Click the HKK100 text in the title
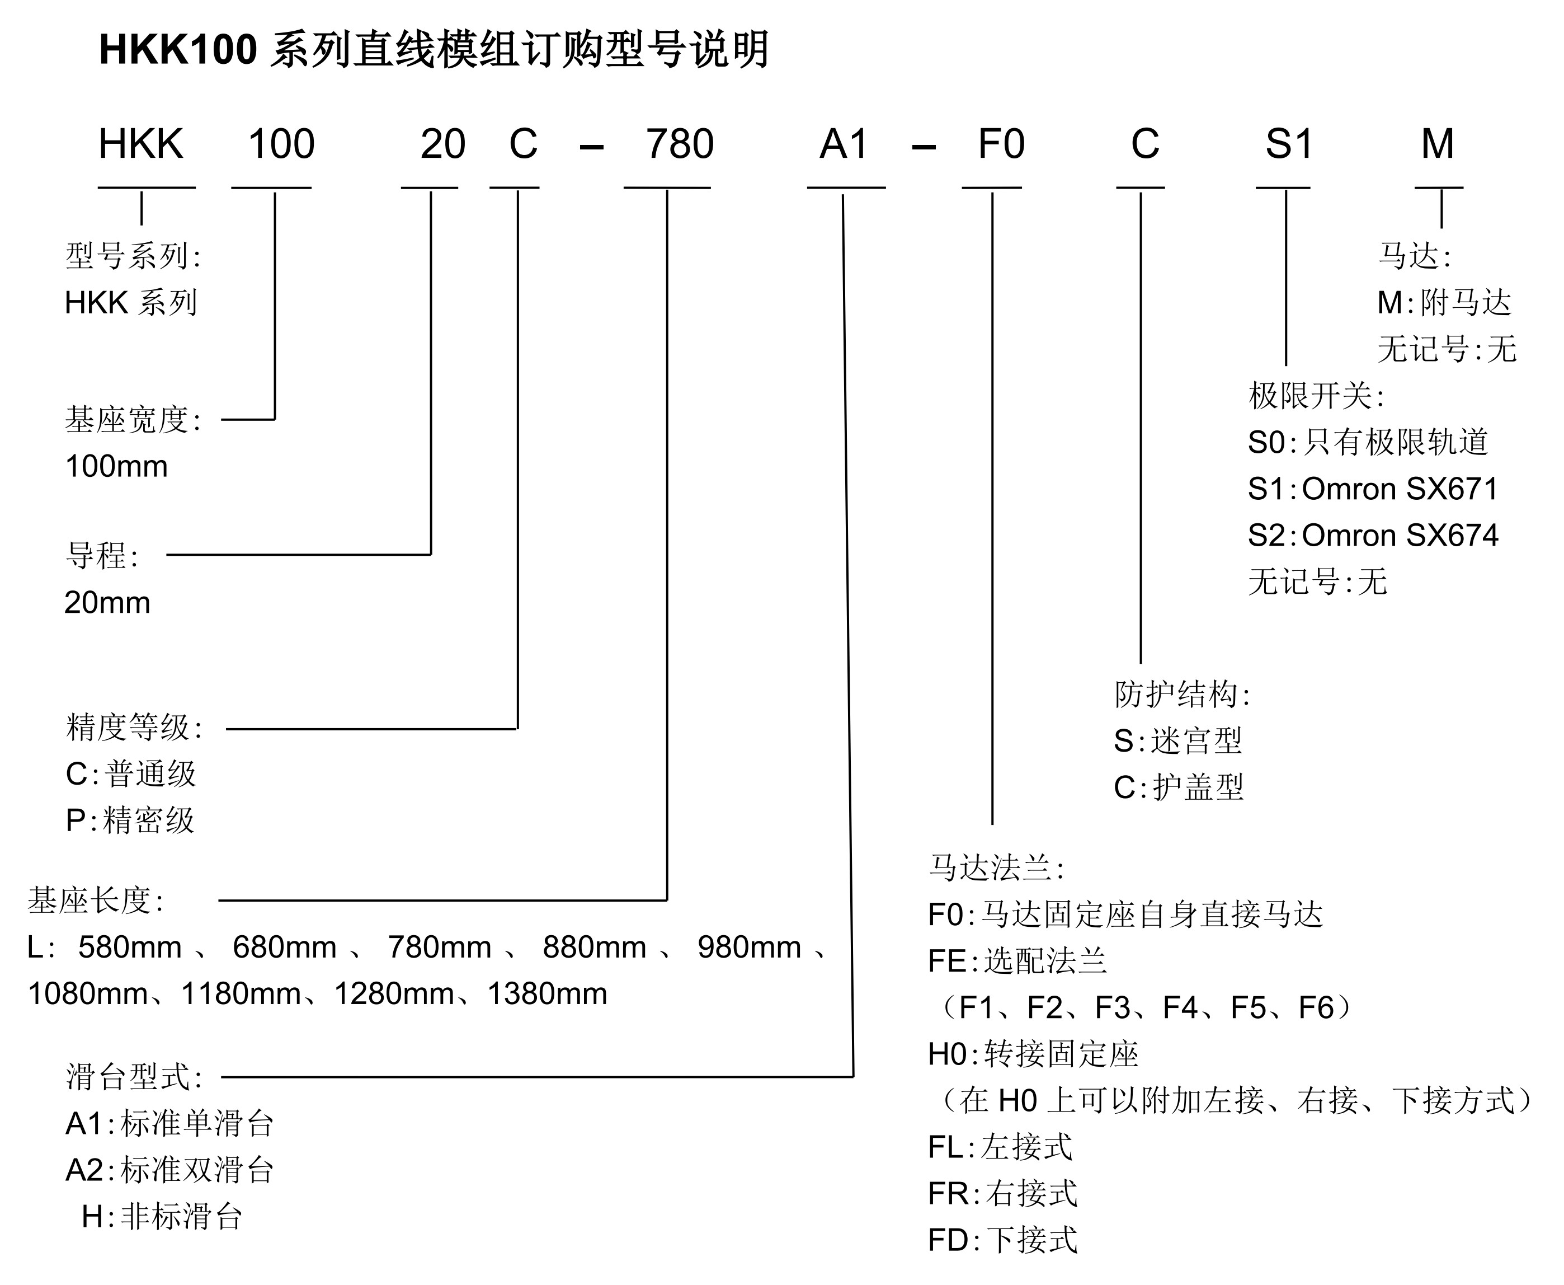pos(177,50)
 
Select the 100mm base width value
pos(117,466)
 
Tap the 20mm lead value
pos(107,603)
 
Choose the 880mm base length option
pos(594,948)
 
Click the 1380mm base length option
pos(547,994)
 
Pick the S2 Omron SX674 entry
pos(1372,535)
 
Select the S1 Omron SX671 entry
pos(1372,489)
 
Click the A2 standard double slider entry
pos(169,1170)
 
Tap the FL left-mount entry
pos(1000,1147)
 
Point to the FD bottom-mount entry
pos(1002,1240)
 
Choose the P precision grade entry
pos(129,820)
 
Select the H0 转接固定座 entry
pos(1033,1054)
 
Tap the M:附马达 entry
pos(1443,302)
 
